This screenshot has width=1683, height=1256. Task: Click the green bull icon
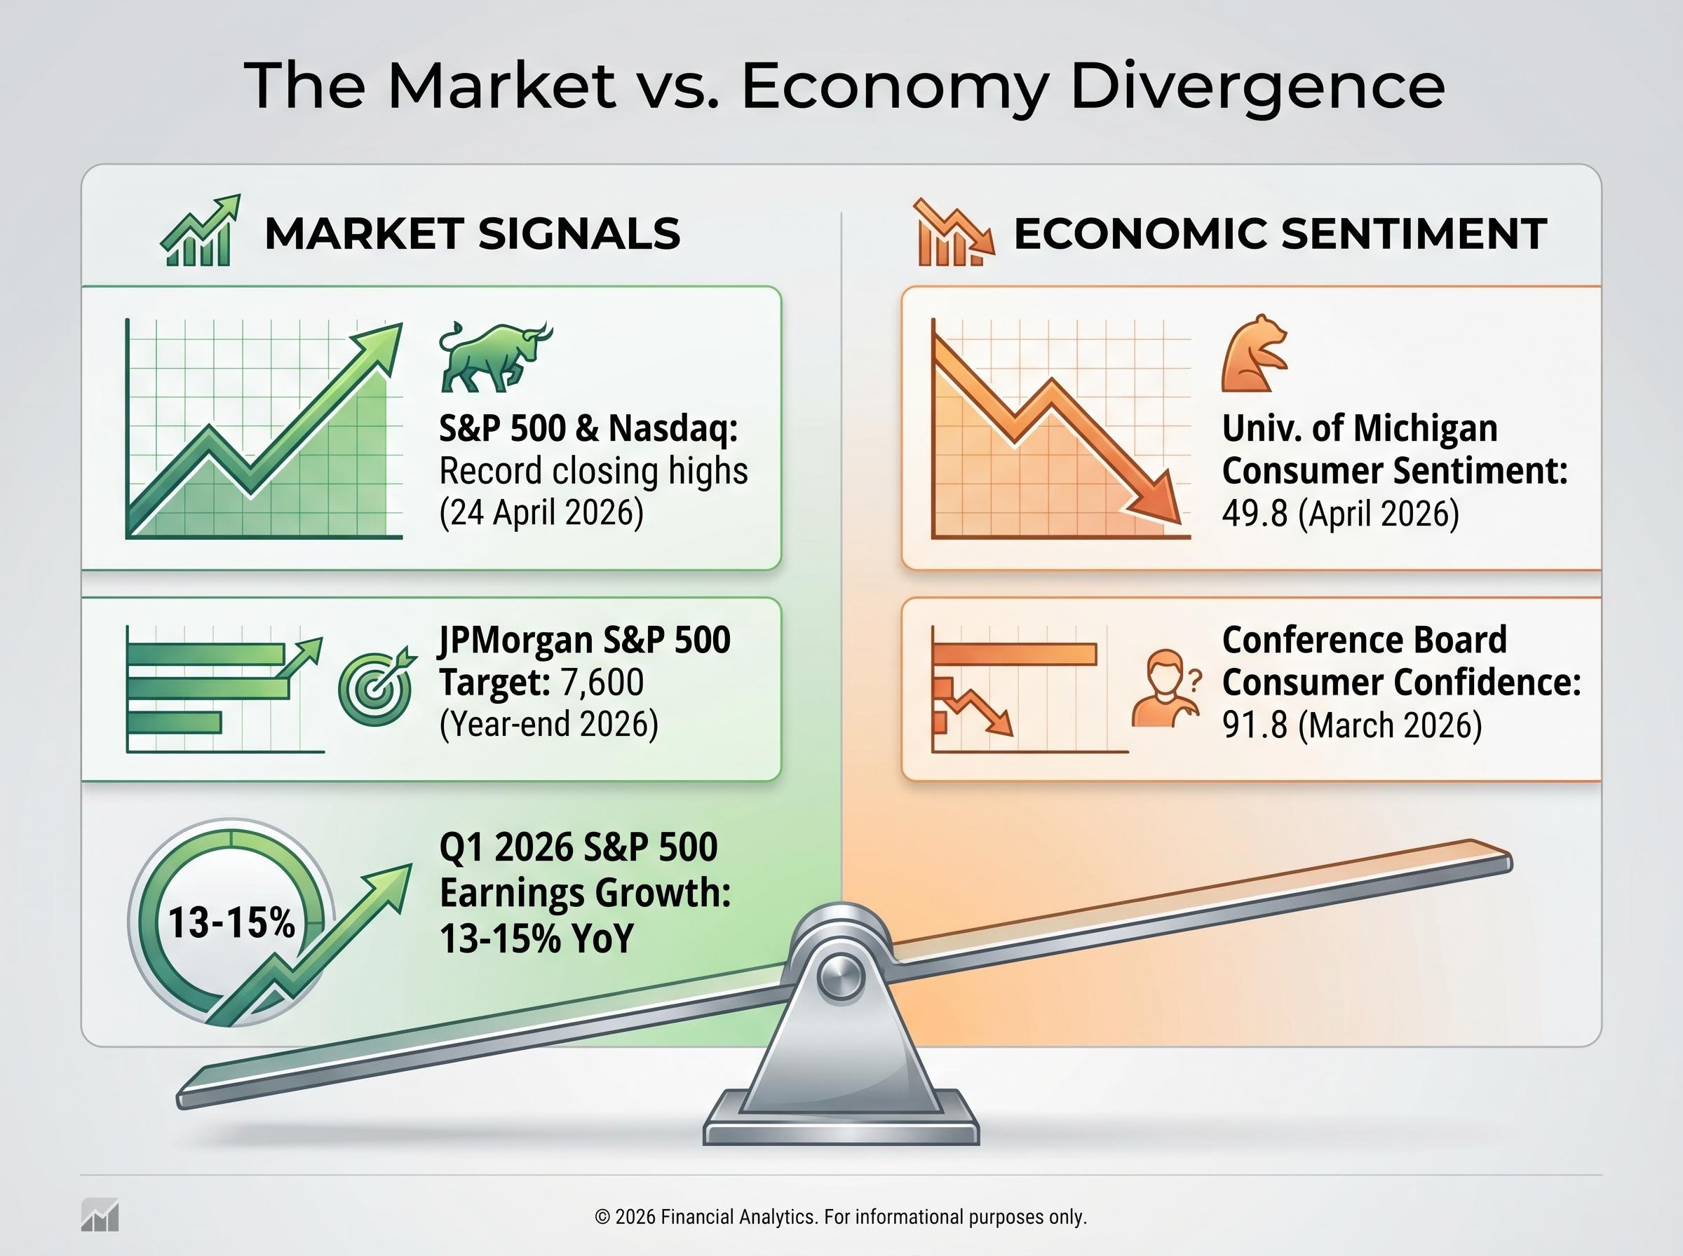click(x=494, y=356)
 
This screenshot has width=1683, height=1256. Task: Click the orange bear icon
click(x=1253, y=353)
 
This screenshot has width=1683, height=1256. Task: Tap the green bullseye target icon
click(x=376, y=688)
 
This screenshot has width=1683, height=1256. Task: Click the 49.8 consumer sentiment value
click(x=1255, y=514)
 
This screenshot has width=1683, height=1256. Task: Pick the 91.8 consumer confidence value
click(x=1255, y=725)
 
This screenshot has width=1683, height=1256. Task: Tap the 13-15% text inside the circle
click(x=231, y=923)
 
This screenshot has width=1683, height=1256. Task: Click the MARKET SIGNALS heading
click(x=471, y=233)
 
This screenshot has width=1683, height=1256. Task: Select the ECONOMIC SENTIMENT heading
click(x=1280, y=233)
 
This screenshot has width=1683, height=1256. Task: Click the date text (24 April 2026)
click(x=541, y=512)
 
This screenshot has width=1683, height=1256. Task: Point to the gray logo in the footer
click(x=100, y=1214)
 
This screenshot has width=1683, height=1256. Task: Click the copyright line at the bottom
click(x=840, y=1217)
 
